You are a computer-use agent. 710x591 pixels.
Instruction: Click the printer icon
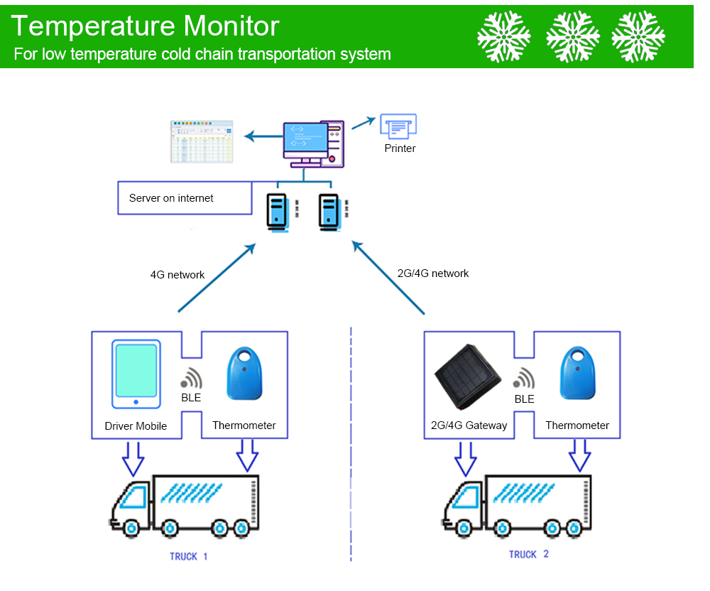coord(398,126)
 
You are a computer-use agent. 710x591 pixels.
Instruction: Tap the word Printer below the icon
coord(400,148)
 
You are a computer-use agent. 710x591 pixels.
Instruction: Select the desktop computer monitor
coord(305,140)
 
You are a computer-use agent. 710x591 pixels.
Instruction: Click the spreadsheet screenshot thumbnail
coord(202,141)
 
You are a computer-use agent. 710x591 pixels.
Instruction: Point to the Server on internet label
coord(171,198)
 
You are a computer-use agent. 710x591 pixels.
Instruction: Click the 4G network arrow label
coord(177,275)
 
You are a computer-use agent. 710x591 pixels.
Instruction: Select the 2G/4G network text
coord(432,273)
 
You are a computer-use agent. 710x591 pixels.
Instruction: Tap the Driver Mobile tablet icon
coord(136,375)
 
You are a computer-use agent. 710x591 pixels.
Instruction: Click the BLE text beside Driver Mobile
coord(191,398)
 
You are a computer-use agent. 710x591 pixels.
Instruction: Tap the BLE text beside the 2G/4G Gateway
coord(524,399)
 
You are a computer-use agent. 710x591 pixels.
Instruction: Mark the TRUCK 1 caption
coord(188,556)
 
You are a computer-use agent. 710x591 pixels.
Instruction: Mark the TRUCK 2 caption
coord(528,554)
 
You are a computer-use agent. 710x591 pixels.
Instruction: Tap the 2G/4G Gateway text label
coord(469,425)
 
